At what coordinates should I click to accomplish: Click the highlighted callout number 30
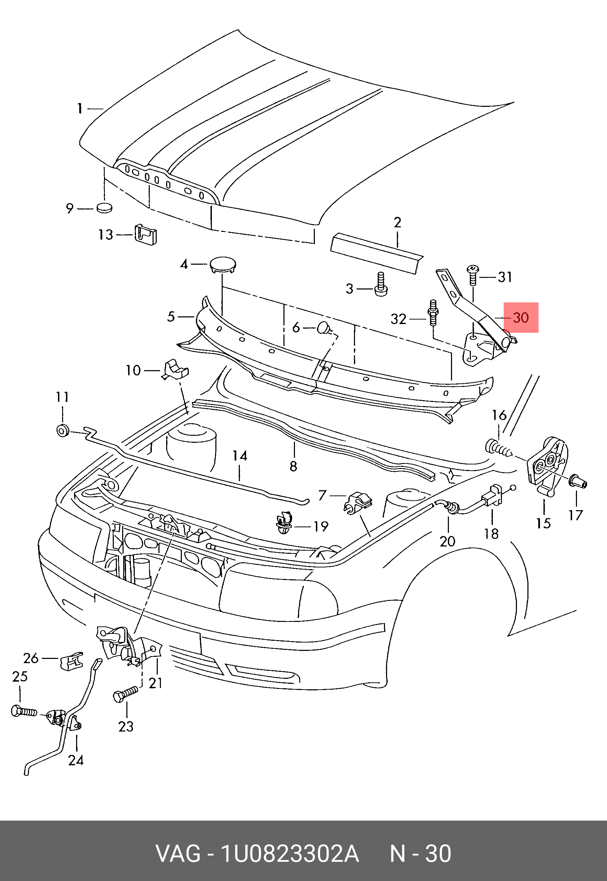pyautogui.click(x=521, y=318)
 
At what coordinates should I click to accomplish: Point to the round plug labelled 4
pyautogui.click(x=223, y=264)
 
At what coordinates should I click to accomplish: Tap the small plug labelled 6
pyautogui.click(x=324, y=327)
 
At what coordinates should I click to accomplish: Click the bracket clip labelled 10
pyautogui.click(x=176, y=369)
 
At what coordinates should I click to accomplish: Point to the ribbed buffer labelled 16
pyautogui.click(x=498, y=448)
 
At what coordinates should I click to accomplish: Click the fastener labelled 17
pyautogui.click(x=578, y=483)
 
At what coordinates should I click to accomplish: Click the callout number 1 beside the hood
pyautogui.click(x=80, y=109)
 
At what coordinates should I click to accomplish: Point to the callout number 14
pyautogui.click(x=239, y=456)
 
